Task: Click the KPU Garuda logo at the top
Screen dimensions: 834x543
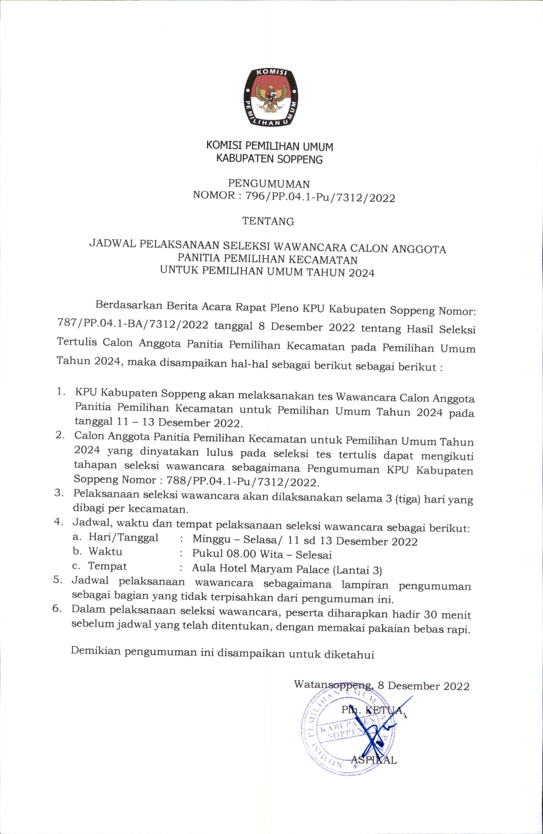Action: tap(271, 97)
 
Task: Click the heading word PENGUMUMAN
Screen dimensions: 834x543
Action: tap(269, 184)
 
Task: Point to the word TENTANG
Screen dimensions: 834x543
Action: tap(268, 221)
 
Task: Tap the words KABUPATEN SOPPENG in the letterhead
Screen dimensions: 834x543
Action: tap(269, 159)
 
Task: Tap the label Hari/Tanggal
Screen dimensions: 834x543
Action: tap(123, 538)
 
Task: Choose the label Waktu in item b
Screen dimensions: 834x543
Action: tap(105, 552)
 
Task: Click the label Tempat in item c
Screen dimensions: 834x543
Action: tap(107, 566)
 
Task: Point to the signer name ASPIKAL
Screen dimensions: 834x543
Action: tap(374, 760)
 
